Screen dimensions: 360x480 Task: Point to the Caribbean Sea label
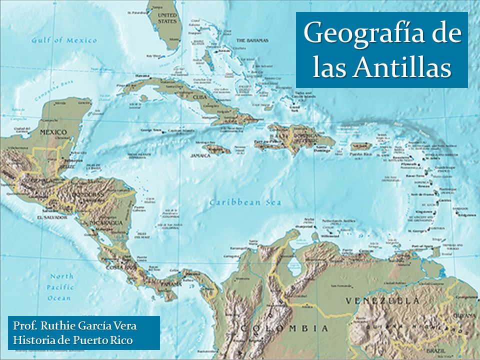tap(245, 202)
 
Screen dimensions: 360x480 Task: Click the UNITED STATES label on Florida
tap(167, 18)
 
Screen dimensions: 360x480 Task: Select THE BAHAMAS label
tap(252, 40)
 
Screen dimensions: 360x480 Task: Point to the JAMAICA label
tap(200, 155)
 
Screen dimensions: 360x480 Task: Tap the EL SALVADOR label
tap(51, 217)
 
